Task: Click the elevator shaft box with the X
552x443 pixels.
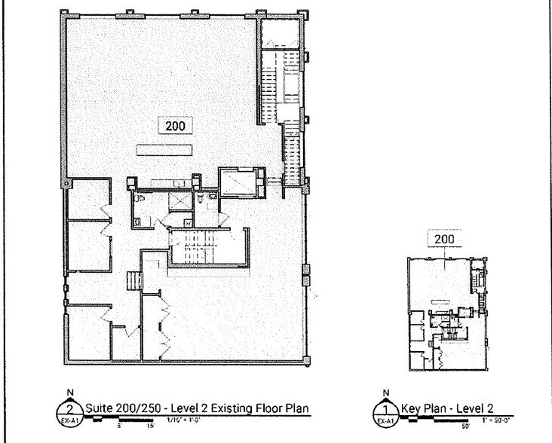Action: (x=235, y=182)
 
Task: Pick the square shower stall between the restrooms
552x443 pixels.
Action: (x=179, y=200)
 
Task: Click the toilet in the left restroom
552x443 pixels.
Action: (x=138, y=221)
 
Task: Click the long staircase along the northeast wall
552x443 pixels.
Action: (x=287, y=113)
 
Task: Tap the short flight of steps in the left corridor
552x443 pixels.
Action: (x=134, y=281)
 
